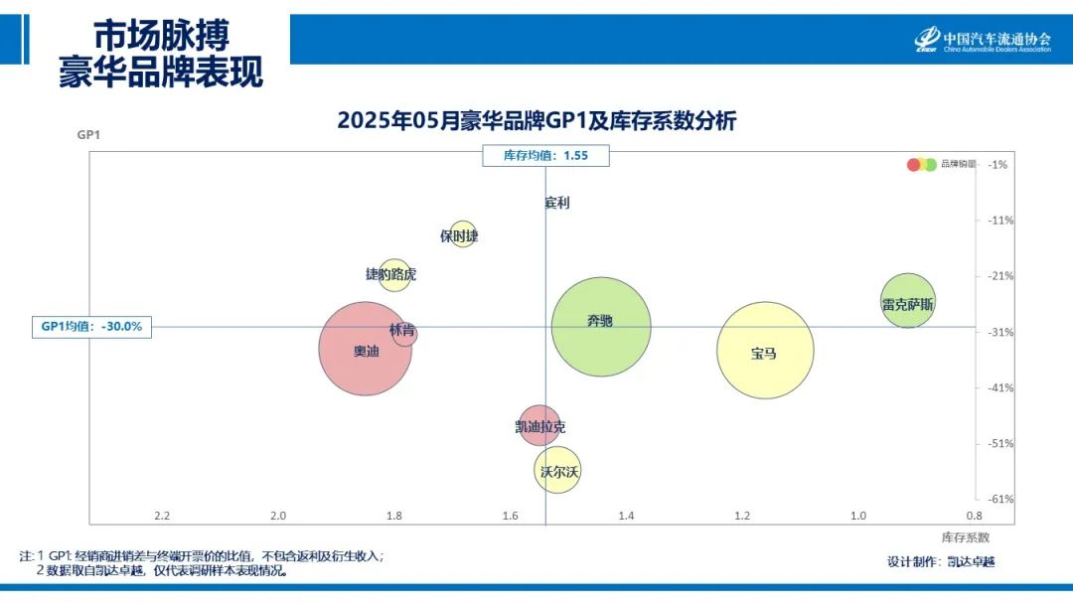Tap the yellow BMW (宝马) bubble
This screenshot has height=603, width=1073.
click(x=765, y=350)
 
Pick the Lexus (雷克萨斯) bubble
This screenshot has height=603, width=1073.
click(x=907, y=300)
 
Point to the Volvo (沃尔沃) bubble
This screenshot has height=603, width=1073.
click(x=557, y=471)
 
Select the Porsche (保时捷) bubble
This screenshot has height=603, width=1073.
click(x=462, y=234)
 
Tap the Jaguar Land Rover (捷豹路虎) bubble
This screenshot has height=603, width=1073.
click(x=393, y=274)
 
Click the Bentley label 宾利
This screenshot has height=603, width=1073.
click(x=557, y=203)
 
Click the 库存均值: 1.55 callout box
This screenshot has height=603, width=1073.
click(x=545, y=155)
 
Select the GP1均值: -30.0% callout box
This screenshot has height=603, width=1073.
click(x=91, y=326)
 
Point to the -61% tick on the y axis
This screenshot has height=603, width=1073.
click(x=1000, y=499)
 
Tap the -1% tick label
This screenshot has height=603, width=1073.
click(x=998, y=165)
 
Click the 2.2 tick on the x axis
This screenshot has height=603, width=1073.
click(x=162, y=516)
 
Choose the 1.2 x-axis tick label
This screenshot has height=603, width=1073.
click(x=742, y=516)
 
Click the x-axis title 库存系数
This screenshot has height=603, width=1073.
click(x=965, y=537)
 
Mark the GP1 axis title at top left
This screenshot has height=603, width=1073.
click(x=89, y=135)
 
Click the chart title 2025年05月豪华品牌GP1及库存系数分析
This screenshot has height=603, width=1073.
click(x=536, y=121)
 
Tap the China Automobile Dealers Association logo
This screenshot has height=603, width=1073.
click(x=982, y=40)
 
